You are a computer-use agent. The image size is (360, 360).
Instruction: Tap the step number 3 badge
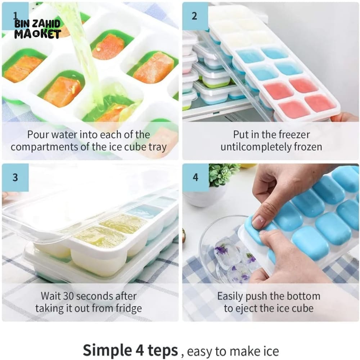point(15,177)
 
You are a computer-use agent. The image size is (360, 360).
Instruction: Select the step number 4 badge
point(195,177)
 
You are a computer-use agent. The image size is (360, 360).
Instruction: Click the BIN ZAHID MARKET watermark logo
point(37,29)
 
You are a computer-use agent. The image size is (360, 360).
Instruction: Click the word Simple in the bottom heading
point(107,350)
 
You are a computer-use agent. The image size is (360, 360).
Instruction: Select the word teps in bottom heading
point(163,351)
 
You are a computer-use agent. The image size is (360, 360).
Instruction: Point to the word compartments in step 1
point(44,147)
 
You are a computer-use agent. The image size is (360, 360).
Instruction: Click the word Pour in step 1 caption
point(38,135)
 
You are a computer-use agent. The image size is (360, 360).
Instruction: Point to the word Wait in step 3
point(51,296)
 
